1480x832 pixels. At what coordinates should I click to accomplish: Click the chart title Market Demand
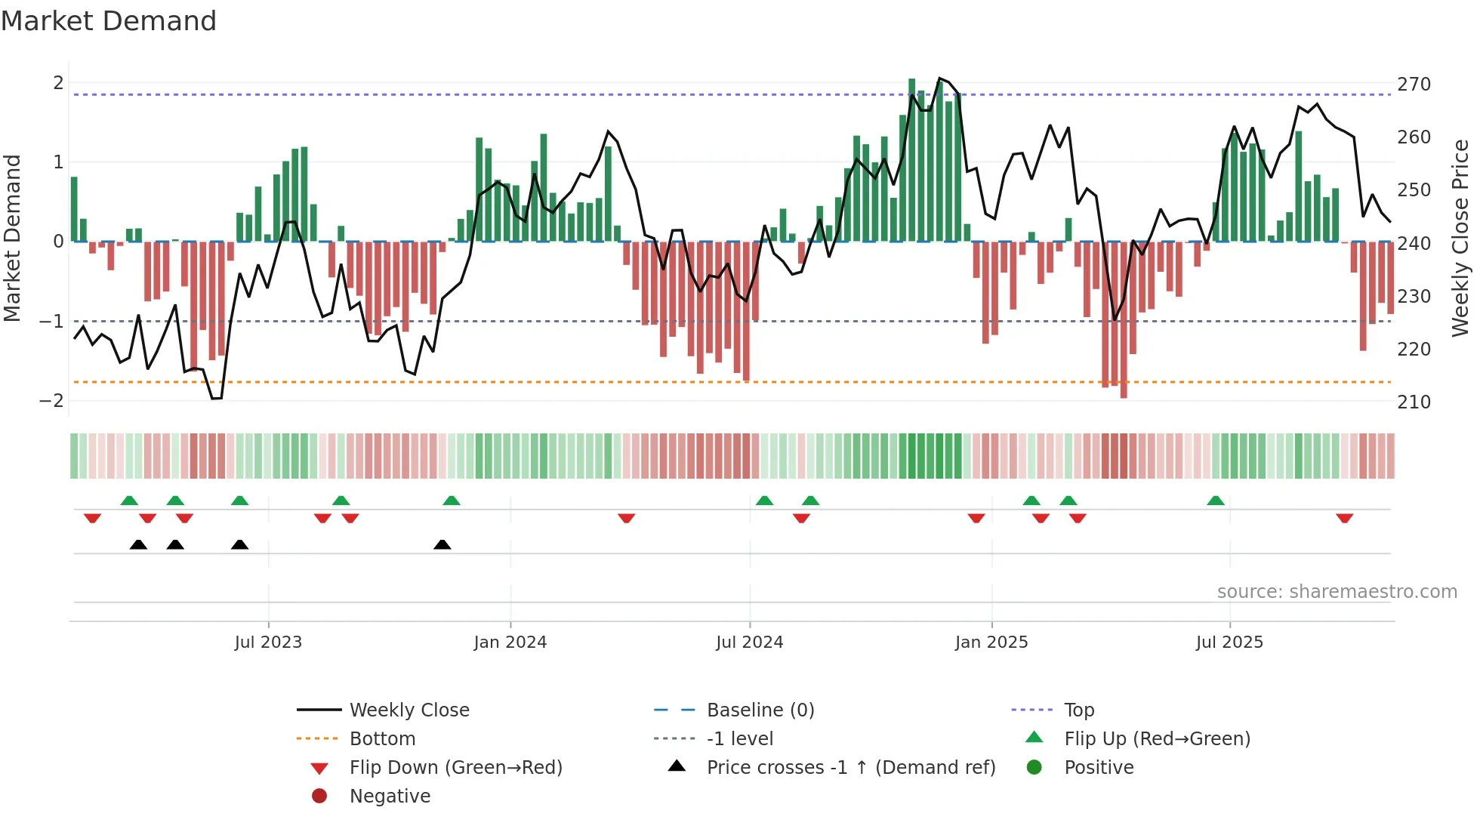point(109,21)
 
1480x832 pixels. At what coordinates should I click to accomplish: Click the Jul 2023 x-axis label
point(268,642)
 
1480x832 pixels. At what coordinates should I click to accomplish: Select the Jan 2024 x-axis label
point(510,642)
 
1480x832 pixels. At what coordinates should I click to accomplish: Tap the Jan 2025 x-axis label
point(991,642)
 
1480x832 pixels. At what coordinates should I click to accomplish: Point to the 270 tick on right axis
point(1414,85)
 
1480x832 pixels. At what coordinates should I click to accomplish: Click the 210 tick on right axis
point(1414,402)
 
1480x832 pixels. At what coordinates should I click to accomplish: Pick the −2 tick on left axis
point(51,401)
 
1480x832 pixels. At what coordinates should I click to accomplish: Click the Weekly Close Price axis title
point(1460,238)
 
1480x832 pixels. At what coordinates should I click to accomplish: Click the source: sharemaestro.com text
point(1337,592)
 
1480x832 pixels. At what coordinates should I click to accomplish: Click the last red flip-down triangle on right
point(1344,518)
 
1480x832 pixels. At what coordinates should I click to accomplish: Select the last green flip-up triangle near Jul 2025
point(1215,501)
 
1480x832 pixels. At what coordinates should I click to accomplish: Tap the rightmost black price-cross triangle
point(442,544)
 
